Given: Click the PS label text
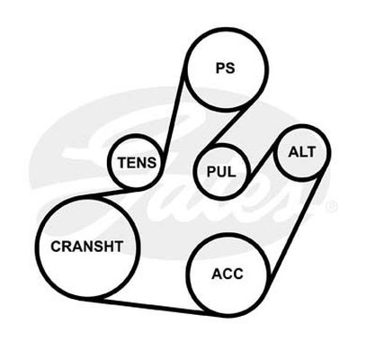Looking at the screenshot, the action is click(226, 68).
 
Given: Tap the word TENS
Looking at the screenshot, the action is click(137, 163).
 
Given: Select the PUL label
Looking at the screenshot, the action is click(221, 172).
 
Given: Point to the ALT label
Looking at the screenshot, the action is click(302, 152).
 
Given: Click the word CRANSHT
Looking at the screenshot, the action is click(87, 247).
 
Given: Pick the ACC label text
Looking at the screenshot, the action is click(228, 274).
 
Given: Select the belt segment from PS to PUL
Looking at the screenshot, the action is click(224, 128).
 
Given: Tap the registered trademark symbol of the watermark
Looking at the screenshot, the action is click(333, 206).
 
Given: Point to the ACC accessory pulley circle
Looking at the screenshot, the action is click(228, 234).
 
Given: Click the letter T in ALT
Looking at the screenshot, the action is click(311, 152).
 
